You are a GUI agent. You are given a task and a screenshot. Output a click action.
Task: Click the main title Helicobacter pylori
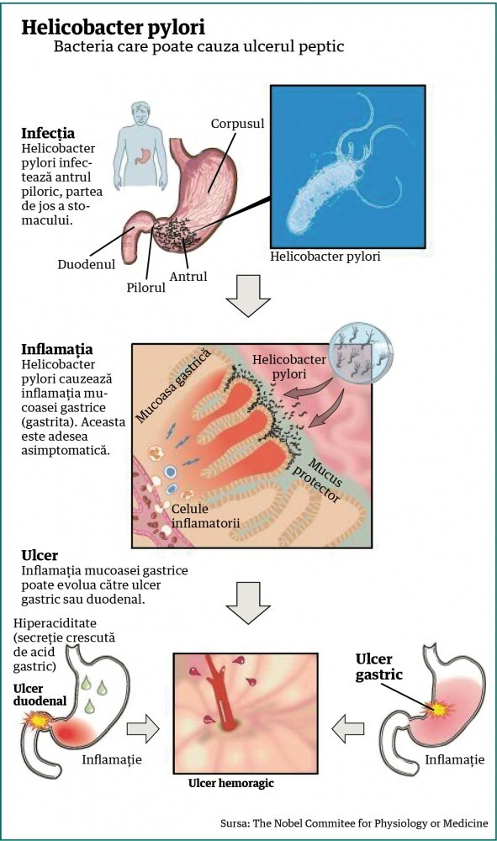point(114,27)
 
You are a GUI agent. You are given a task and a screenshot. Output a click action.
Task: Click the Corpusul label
point(237,124)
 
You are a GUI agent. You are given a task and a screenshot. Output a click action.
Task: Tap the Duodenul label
point(87,264)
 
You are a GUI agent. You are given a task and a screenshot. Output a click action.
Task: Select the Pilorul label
point(145,288)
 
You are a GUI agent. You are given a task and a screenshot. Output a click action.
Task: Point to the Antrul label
point(188,277)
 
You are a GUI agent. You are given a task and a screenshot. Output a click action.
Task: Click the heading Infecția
point(48,134)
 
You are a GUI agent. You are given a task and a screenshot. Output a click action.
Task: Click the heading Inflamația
point(57,350)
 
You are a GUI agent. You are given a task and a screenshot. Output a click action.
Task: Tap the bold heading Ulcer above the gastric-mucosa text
point(40,555)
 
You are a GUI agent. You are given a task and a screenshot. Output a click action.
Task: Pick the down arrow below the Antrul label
point(248,295)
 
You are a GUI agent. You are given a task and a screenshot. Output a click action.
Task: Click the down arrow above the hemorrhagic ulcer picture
point(248,603)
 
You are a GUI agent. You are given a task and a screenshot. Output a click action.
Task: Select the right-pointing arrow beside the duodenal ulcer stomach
point(143,729)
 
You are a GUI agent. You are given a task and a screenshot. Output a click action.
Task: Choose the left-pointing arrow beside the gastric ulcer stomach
point(348,729)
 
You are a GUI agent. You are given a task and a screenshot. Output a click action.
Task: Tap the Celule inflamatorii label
point(205,516)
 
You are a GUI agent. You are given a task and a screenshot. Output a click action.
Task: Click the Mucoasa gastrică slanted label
point(172,385)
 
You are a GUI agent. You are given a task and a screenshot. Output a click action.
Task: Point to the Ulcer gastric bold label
point(379,667)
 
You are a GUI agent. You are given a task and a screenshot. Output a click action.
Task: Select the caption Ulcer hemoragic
point(231,783)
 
